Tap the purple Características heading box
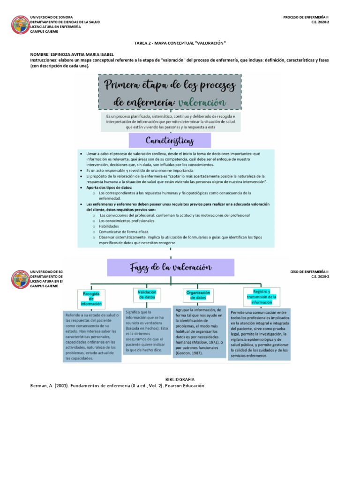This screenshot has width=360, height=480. [170, 140]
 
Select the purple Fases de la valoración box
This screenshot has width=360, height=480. [171, 267]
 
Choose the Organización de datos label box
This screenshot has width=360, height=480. [198, 295]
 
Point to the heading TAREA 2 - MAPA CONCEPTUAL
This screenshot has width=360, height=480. [180, 43]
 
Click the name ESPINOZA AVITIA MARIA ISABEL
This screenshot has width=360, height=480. [81, 54]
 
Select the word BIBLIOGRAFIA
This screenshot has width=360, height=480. [180, 379]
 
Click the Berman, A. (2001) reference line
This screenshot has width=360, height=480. [117, 386]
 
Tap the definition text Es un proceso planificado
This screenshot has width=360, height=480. [171, 121]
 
